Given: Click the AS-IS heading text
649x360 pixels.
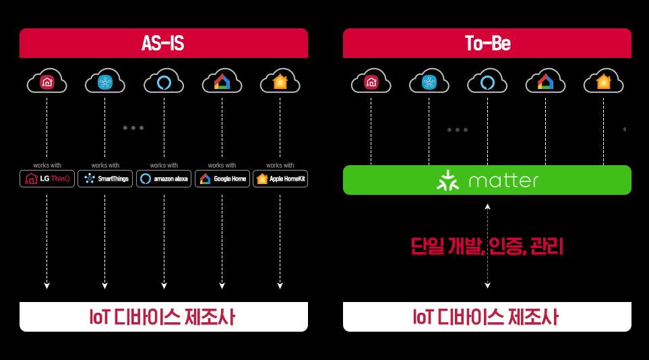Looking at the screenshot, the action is (162, 43).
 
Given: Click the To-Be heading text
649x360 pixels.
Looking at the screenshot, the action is (487, 43).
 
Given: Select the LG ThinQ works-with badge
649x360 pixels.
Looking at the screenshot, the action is (47, 179).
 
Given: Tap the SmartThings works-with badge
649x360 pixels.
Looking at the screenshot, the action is (105, 179).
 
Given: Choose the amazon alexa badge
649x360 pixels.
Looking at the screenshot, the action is (164, 179).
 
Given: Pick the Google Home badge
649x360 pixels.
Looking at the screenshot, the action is (222, 179).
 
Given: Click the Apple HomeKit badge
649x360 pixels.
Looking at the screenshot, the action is (280, 179).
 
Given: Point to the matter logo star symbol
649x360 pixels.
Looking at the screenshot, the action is (447, 181).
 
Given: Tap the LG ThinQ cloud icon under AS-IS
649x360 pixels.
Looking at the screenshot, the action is (47, 81).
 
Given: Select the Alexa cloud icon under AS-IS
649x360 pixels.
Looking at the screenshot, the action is (164, 81).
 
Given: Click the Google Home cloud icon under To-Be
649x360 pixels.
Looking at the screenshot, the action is (545, 81).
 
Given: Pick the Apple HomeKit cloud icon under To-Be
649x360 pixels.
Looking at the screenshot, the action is (603, 81).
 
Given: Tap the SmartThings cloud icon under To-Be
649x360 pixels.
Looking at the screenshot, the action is (429, 81).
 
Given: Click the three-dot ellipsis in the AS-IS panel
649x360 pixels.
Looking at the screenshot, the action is (133, 128).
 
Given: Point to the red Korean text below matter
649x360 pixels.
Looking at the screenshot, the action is (487, 246).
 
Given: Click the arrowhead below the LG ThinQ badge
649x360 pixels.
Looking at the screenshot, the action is (47, 285).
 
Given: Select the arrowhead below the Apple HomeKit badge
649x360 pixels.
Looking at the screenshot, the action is (280, 285).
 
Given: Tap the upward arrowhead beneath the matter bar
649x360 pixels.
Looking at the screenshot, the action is (487, 206).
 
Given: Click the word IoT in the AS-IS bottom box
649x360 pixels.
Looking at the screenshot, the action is (99, 317).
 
